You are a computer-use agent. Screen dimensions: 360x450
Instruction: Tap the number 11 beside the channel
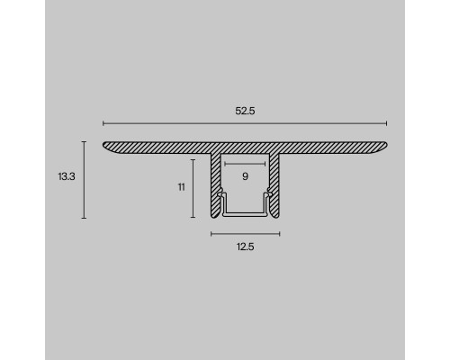[x=181, y=187]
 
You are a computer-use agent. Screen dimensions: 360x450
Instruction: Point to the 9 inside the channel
[x=245, y=176]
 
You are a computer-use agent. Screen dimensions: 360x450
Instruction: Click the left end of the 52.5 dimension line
[x=104, y=122]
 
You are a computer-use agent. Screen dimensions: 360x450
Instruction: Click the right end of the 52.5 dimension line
[x=386, y=122]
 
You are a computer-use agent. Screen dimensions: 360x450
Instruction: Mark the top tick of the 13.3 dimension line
[x=84, y=141]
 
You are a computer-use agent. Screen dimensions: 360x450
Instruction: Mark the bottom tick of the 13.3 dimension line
[x=84, y=218]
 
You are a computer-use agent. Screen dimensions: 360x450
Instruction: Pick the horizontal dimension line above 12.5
[x=245, y=233]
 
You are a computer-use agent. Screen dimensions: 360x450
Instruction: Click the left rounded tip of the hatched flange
[x=106, y=146]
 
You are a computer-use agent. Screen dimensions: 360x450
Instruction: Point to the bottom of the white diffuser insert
[x=245, y=213]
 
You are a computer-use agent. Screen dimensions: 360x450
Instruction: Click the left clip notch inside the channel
[x=220, y=193]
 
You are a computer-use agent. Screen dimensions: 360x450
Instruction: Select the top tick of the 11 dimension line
[x=193, y=159]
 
